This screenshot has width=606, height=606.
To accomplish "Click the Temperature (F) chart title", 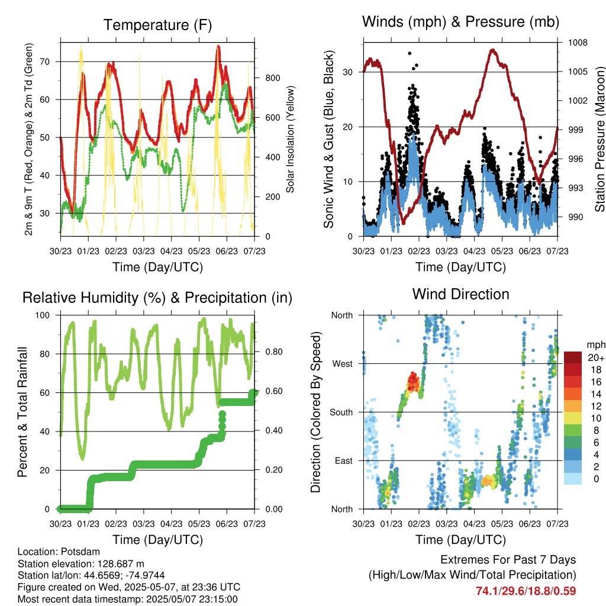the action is [x=157, y=25].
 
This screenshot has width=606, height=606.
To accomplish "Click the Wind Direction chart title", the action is [x=460, y=295].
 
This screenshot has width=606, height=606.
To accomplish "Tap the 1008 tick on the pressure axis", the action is [x=578, y=43].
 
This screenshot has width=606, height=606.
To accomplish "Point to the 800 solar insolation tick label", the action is [x=272, y=78].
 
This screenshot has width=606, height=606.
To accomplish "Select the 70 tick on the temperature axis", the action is [x=44, y=62].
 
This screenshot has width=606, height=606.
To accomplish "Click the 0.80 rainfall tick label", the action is [x=274, y=352].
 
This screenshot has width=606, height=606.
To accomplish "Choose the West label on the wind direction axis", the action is [x=343, y=364].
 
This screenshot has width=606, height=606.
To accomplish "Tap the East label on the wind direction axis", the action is [x=344, y=461].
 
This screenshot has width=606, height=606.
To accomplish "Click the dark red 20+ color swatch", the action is [x=573, y=357].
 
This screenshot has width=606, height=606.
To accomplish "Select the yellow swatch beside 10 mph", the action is [x=573, y=418].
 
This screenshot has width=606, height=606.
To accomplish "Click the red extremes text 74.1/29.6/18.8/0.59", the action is [x=526, y=591].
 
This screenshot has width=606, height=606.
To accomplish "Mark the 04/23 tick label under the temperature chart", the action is [x=171, y=251].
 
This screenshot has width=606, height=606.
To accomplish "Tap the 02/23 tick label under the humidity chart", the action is [x=116, y=524].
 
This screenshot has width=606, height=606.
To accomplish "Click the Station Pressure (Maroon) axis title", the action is [x=599, y=139].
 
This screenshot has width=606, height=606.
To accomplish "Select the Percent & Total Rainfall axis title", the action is [x=22, y=412].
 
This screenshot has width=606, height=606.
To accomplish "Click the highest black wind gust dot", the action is [x=410, y=53].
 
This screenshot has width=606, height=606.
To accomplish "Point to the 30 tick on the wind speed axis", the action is [x=347, y=72].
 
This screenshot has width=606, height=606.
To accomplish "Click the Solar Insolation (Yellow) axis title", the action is [x=290, y=139].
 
